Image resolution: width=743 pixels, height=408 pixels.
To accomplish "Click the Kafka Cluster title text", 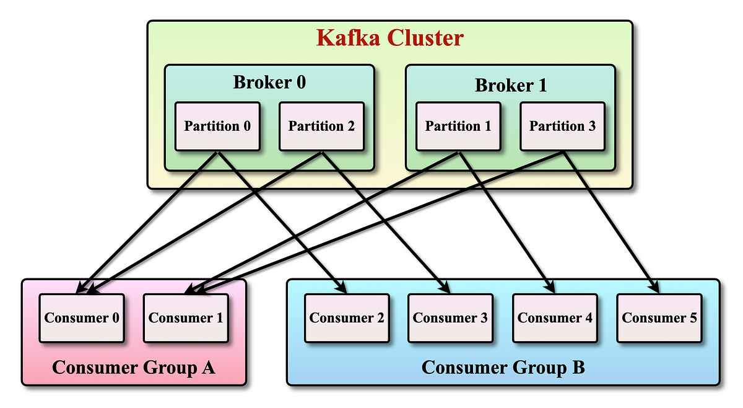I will pos(389,38).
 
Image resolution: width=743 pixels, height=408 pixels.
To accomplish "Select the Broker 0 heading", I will pos(269,82).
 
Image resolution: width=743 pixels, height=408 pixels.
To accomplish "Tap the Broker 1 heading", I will pos(510,85).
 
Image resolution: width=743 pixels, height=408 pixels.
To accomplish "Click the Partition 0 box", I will pos(217,126).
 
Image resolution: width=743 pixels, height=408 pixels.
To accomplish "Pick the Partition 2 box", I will pos(321,126).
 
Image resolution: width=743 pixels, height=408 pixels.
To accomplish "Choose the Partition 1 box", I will pos(458,126).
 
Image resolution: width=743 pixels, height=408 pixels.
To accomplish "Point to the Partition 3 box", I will pos(562,126).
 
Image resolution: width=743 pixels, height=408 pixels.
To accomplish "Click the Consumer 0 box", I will pos(82,318).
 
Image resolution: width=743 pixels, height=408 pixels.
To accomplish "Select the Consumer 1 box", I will pos(186,318).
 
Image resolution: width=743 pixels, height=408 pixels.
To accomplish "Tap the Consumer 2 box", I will pos(347,318).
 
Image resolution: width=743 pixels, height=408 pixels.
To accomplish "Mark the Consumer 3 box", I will pos(450,318).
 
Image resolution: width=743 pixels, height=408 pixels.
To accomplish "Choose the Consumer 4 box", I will pos(555,318).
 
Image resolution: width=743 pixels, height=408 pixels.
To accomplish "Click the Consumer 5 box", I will pos(659,318).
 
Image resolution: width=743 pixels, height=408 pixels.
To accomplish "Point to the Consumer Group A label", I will pos(133,367).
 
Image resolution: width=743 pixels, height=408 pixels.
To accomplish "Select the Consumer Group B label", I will pos(503,367).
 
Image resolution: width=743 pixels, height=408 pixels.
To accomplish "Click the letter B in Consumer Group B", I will pos(577,367).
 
